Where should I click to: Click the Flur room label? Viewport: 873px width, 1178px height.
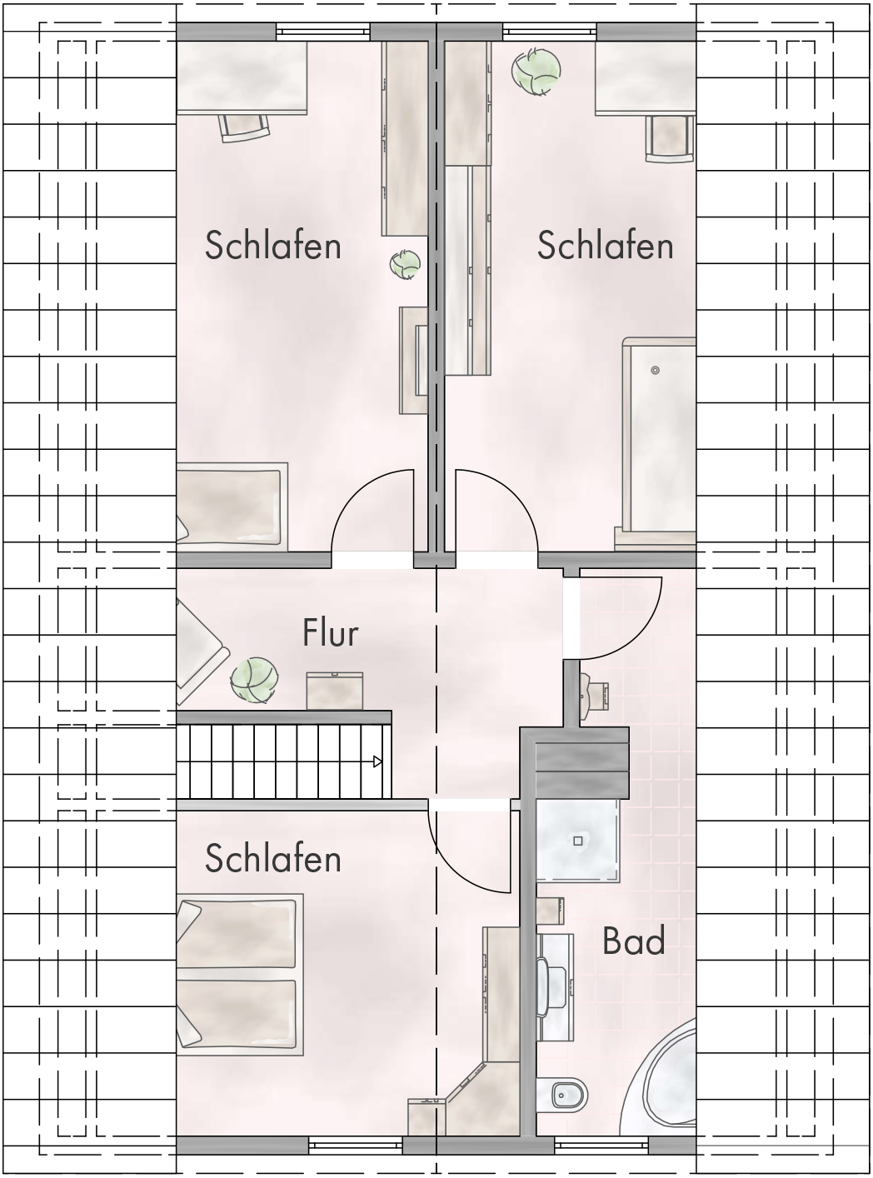(x=330, y=633)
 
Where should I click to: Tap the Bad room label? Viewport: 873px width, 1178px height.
(x=633, y=941)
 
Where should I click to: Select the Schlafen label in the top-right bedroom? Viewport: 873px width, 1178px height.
(x=605, y=246)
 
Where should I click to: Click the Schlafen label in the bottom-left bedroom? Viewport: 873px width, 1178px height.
(x=273, y=859)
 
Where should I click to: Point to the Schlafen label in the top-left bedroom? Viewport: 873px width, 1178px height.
(x=273, y=246)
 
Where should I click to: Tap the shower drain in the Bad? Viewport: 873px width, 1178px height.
(x=578, y=841)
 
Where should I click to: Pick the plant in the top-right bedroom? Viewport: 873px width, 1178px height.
(x=536, y=70)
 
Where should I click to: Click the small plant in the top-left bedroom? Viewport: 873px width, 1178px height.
(x=406, y=265)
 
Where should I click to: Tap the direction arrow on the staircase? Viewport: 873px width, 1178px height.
(x=377, y=761)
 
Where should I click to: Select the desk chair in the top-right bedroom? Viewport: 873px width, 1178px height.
(x=670, y=137)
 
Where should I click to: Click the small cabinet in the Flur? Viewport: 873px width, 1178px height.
(x=335, y=691)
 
